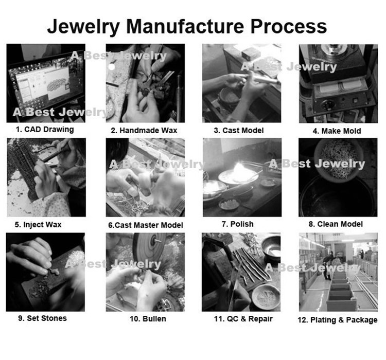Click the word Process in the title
289,26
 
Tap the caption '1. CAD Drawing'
45,130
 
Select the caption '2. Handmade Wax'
144,131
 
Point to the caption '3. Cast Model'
239,131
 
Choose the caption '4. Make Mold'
337,131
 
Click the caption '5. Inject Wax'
38,225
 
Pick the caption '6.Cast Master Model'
146,225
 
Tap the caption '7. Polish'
238,224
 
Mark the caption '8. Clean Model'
336,224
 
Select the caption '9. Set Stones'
43,318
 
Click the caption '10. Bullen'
148,319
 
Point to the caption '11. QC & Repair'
243,319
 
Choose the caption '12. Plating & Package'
338,320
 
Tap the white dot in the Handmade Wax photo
112,67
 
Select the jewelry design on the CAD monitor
57,84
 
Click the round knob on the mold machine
327,105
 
